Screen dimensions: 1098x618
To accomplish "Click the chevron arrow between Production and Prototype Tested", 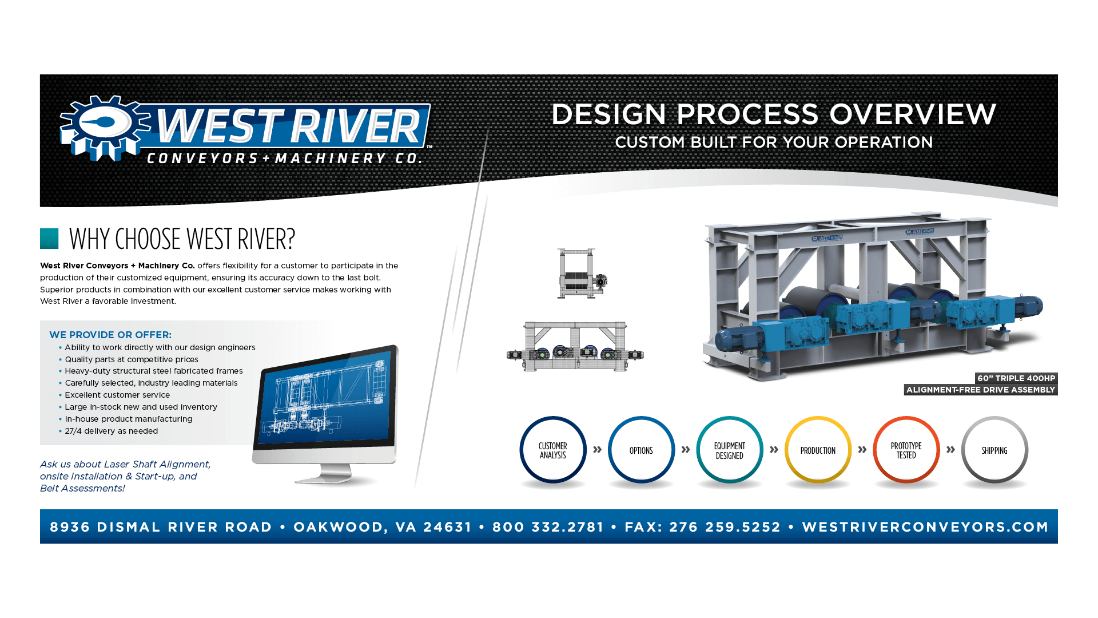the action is (862, 450).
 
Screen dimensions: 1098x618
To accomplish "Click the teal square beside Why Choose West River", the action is (49, 239).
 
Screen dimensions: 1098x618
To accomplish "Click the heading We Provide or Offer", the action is (110, 335).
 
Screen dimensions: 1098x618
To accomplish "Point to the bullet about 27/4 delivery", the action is (112, 431).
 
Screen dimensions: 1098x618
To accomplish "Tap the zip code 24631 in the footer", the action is (448, 527).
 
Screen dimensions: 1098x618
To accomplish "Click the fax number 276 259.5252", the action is (725, 527).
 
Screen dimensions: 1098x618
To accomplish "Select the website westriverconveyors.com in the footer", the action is (925, 527).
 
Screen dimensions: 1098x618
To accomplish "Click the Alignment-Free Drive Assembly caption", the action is (981, 390).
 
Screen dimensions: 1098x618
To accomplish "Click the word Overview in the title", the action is (913, 114).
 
